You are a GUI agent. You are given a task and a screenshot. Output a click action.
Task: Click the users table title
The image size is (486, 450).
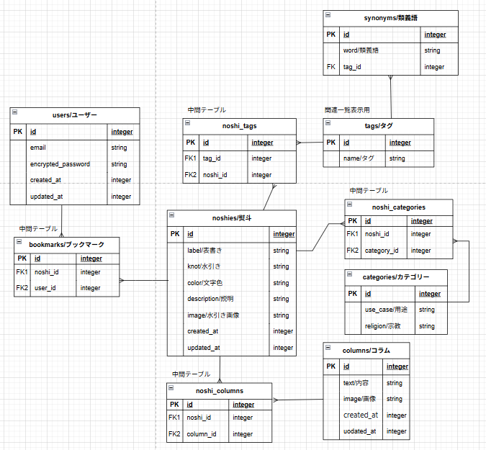pyautogui.click(x=75, y=115)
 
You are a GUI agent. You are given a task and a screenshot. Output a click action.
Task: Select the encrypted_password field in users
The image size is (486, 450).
pyautogui.click(x=60, y=164)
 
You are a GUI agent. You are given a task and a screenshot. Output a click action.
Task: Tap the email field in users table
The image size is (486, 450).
pyautogui.click(x=38, y=148)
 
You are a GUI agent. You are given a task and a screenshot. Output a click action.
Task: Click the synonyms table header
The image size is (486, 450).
pyautogui.click(x=390, y=18)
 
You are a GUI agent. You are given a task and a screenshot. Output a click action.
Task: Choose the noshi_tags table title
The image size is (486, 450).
pyautogui.click(x=240, y=126)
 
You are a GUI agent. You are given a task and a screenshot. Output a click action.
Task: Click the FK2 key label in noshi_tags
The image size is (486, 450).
pyautogui.click(x=191, y=175)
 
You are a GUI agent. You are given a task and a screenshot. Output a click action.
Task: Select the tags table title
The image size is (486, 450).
pyautogui.click(x=379, y=126)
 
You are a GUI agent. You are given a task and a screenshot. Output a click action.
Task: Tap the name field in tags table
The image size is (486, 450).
pyautogui.click(x=358, y=158)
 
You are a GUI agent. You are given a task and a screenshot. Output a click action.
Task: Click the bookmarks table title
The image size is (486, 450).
pyautogui.click(x=66, y=245)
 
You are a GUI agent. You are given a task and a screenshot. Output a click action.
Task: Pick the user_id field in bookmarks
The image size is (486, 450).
pyautogui.click(x=46, y=288)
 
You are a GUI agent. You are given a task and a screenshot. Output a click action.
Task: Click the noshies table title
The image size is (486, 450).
pyautogui.click(x=231, y=217)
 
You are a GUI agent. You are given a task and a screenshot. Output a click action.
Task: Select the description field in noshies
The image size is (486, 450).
pyautogui.click(x=210, y=299)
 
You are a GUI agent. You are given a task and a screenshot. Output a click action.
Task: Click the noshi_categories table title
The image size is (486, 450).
pyautogui.click(x=400, y=207)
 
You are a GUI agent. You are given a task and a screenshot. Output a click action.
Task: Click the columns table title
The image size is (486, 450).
pyautogui.click(x=366, y=350)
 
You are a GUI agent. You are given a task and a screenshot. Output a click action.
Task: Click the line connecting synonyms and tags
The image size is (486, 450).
pyautogui.click(x=390, y=97)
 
